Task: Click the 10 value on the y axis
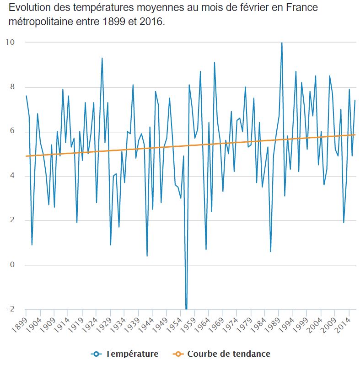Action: click(10, 42)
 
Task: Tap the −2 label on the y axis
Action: click(10, 309)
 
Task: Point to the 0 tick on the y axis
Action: click(12, 265)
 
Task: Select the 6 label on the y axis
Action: click(12, 131)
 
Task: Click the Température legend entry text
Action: click(132, 354)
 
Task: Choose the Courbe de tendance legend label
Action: click(229, 354)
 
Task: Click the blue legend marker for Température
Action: click(96, 354)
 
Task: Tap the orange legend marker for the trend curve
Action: click(178, 354)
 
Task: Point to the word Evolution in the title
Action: click(28, 8)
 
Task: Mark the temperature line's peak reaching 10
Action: click(282, 43)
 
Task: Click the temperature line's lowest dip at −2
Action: click(186, 309)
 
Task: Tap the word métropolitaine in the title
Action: click(39, 21)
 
